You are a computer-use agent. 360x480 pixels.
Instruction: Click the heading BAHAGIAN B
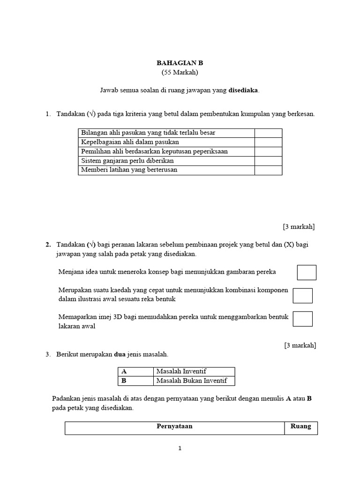pos(180,63)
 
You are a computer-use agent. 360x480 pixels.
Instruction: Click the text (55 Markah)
pos(180,72)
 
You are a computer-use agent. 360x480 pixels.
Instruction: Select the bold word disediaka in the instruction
pos(243,90)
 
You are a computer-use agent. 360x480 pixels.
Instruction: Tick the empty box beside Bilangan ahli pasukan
pos(268,133)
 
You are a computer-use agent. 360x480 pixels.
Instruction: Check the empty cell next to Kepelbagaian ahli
pos(268,142)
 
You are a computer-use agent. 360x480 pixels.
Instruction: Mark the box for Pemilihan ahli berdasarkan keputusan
pos(268,151)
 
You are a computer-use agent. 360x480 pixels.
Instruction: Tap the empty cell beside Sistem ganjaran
pos(268,161)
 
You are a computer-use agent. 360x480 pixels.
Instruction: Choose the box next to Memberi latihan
pos(268,170)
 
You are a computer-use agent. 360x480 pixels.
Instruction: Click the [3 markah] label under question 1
pos(299,227)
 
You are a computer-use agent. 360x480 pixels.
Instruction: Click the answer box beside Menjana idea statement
pos(307,272)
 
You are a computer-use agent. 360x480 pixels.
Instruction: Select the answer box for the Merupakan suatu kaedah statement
pos(302,295)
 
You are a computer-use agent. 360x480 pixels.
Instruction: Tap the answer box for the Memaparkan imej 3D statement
pos(302,318)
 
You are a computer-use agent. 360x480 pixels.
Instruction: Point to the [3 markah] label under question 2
pos(300,345)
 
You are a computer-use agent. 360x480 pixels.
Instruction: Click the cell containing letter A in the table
pos(135,372)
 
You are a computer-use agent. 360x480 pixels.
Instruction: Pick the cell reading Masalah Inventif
pos(194,372)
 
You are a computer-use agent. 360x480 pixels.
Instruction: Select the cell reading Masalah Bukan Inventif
pos(194,381)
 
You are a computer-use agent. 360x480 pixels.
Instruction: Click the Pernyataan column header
pos(174,427)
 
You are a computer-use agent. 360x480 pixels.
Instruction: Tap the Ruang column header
pos(301,427)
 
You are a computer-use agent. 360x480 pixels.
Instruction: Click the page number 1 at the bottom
pos(180,449)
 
